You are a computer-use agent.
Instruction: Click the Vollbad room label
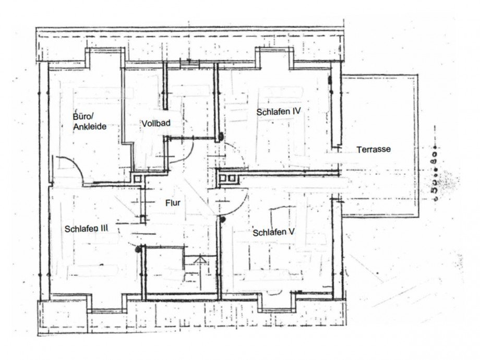(x=156, y=123)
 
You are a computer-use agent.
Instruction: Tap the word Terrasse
(x=374, y=149)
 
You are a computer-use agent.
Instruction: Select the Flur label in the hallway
(x=173, y=203)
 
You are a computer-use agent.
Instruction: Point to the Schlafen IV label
(x=279, y=112)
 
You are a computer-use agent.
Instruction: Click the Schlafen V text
(x=274, y=232)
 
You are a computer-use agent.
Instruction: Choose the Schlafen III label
(x=86, y=229)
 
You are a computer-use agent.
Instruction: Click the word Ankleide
(x=90, y=126)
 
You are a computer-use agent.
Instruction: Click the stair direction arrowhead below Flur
(x=200, y=260)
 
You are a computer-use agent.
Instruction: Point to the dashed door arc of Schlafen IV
(x=239, y=152)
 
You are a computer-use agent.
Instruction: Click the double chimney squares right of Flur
(x=227, y=178)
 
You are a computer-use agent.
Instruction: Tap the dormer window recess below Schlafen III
(x=107, y=303)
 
